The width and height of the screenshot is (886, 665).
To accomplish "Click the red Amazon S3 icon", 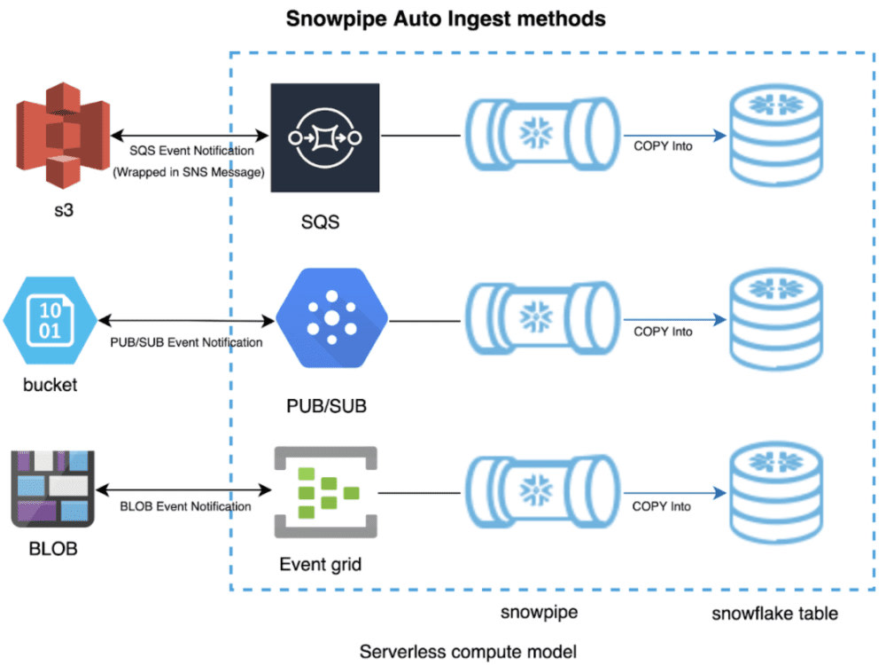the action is click(63, 135).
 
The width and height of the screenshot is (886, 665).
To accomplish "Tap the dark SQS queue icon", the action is click(325, 138).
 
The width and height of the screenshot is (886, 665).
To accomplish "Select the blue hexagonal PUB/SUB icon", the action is click(331, 317).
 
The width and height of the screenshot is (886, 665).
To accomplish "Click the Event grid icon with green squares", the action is click(325, 492).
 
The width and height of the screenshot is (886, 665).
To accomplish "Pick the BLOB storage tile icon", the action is click(52, 489).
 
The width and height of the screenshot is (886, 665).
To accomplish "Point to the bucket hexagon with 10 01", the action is click(51, 321).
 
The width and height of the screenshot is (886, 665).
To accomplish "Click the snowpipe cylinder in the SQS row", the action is click(542, 135).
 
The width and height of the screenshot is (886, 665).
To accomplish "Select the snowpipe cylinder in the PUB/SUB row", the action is click(542, 318).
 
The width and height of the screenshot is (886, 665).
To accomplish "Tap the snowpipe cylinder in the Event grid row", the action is click(542, 491).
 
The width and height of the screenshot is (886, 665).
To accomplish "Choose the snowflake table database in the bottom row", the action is click(776, 493).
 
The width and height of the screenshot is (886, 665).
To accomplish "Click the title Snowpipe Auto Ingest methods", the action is click(446, 19).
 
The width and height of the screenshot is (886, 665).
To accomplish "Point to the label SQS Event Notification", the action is click(191, 151).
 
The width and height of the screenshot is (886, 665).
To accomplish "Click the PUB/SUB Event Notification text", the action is click(186, 342).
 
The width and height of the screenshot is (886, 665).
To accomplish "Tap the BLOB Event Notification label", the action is click(185, 506).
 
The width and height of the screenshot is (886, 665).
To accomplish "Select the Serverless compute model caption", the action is click(468, 652).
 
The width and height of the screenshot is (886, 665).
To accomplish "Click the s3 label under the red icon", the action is click(64, 210).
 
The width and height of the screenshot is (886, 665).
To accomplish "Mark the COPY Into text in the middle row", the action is click(663, 332).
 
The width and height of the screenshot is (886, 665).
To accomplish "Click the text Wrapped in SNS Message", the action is click(189, 172).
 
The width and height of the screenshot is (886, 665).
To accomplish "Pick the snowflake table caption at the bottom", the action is click(774, 614).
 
